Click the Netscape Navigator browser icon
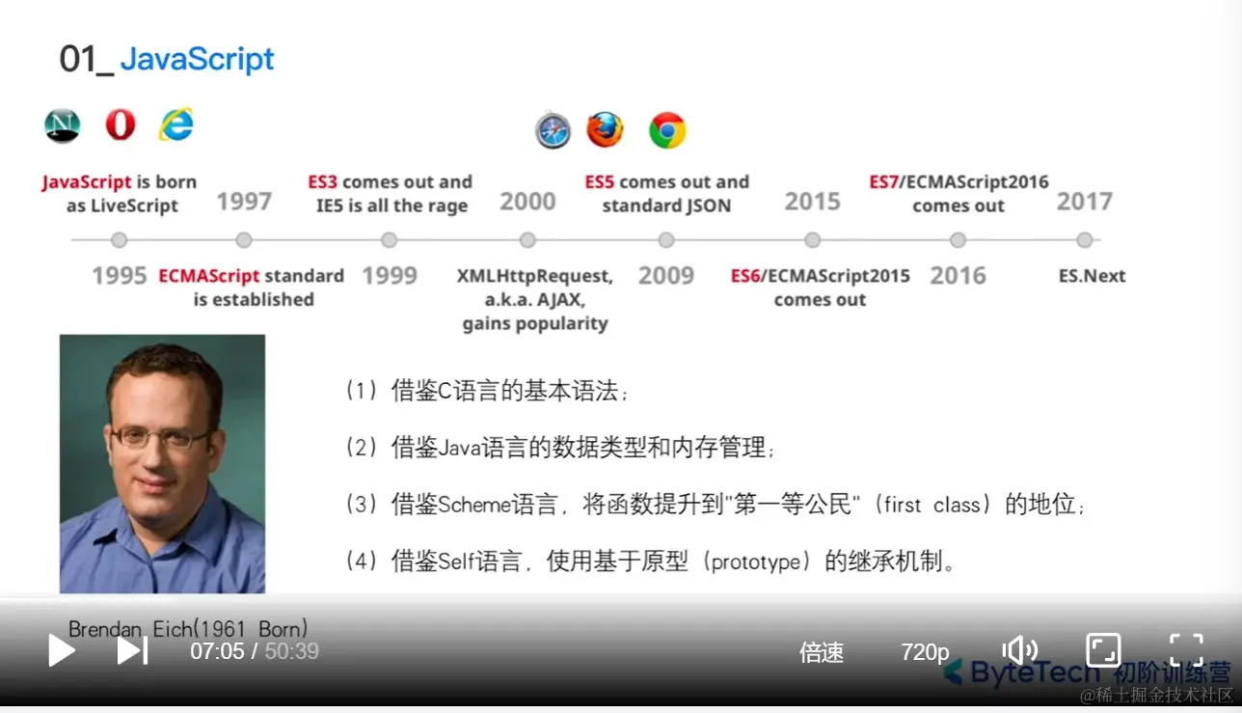pos(62,125)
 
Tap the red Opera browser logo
pos(121,124)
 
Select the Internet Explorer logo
pos(176,124)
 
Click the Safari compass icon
pos(553,131)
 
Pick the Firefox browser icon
pos(605,130)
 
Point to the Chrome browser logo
pos(667,130)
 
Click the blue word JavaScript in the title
pos(197,59)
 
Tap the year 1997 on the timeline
pos(244,201)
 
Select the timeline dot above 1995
pos(120,240)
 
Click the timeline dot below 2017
pos(1085,240)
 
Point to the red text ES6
pos(744,276)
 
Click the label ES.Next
pos(1092,276)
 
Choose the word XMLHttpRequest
pos(535,276)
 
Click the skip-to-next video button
pos(132,650)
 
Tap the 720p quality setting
pos(925,652)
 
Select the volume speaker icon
pos(1019,650)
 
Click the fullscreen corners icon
pos(1186,649)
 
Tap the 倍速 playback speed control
pos(822,652)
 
